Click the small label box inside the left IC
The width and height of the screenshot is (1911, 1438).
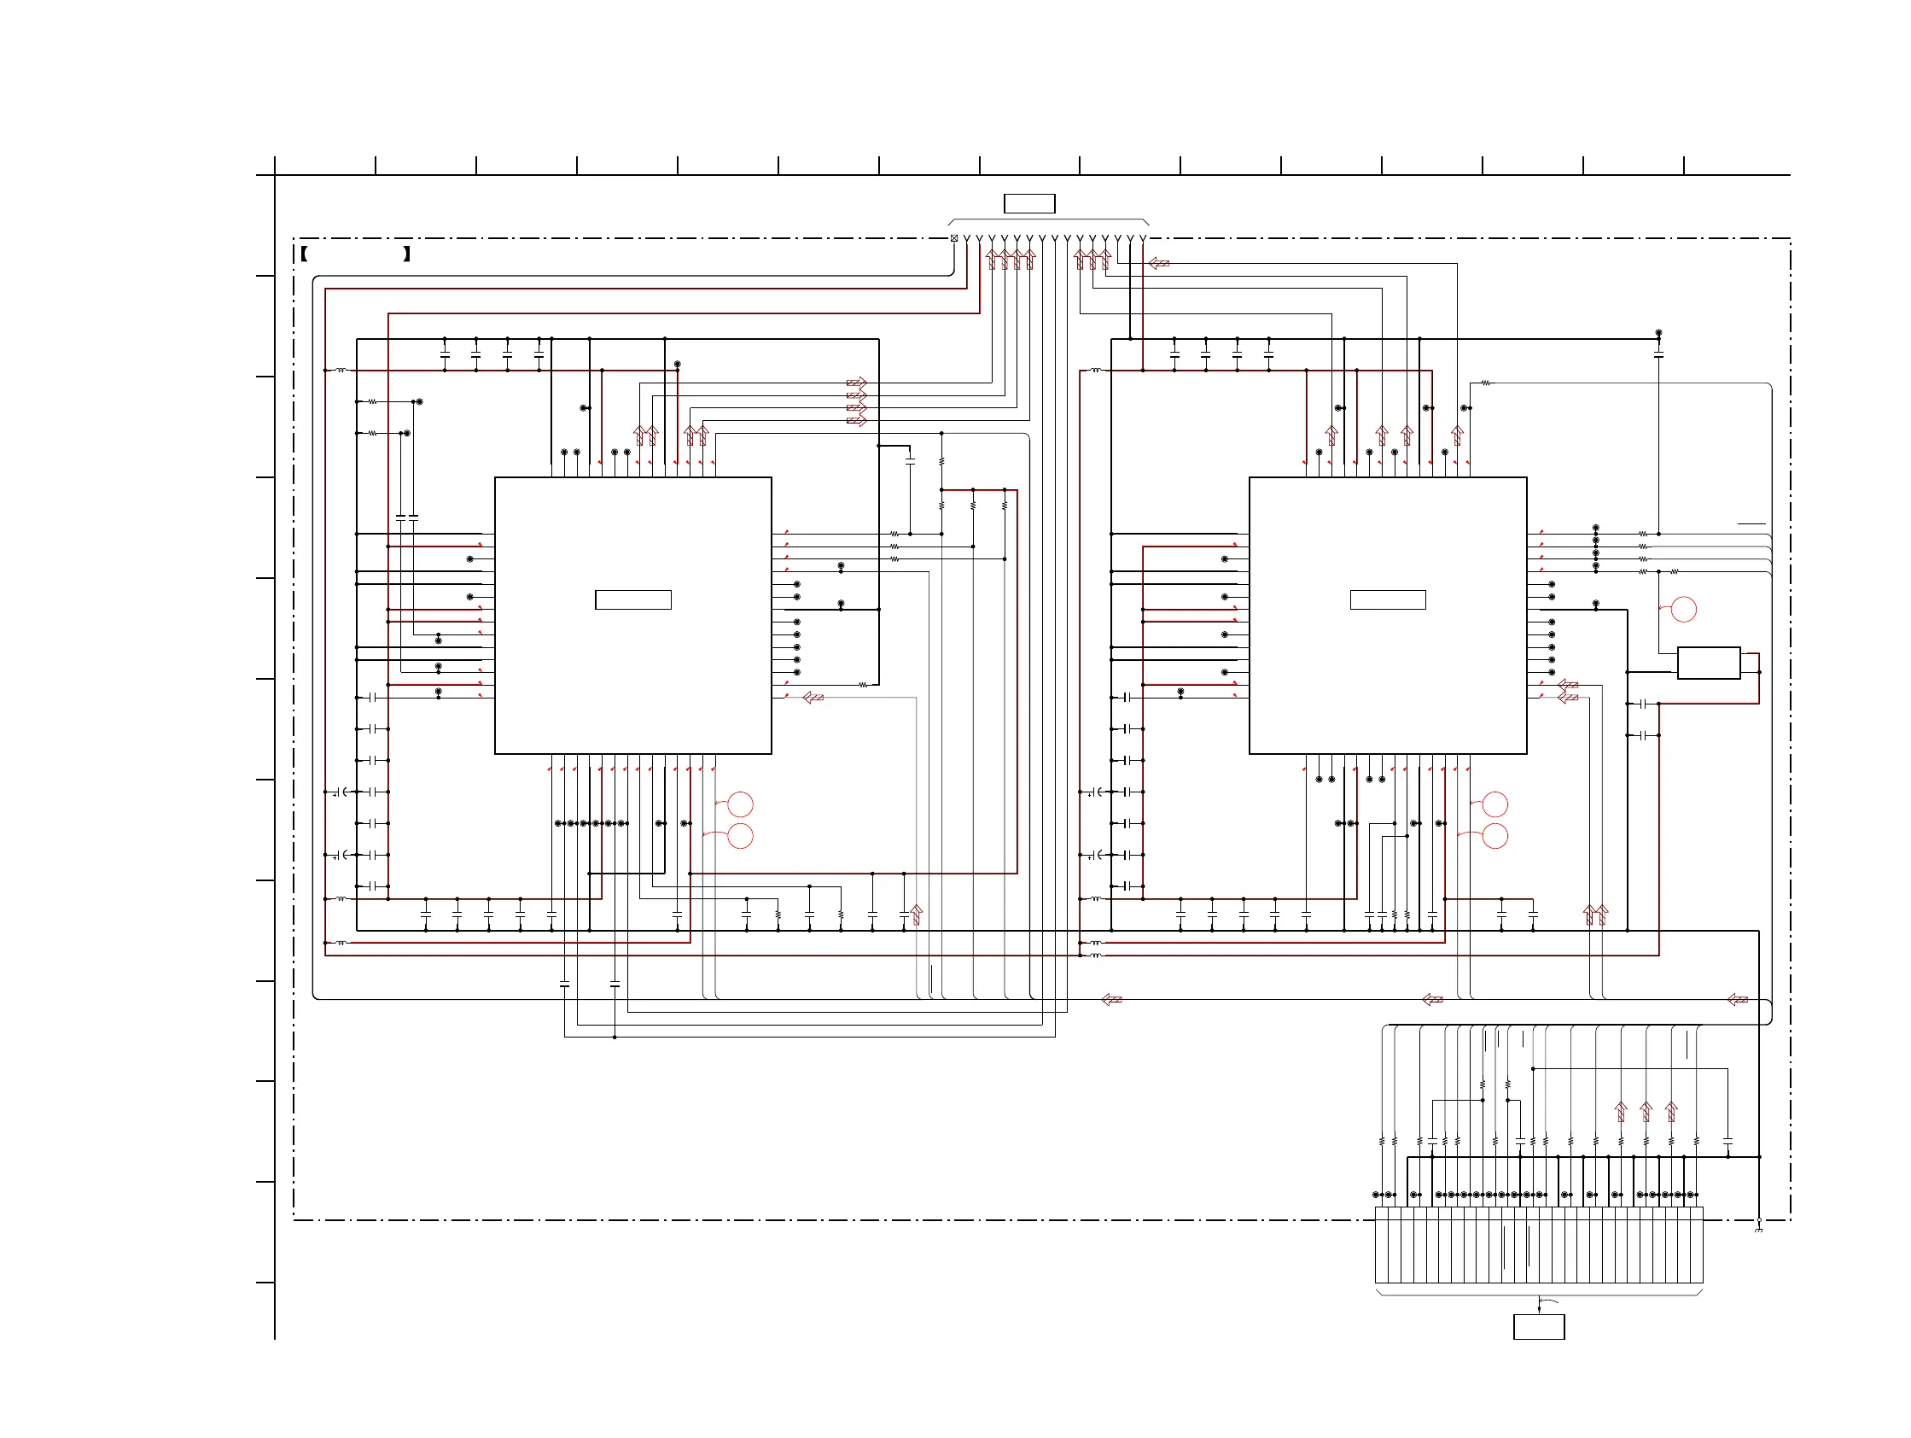coord(632,599)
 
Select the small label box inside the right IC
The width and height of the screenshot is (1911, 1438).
coord(1388,599)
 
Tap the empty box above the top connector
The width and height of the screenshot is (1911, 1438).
coord(1029,204)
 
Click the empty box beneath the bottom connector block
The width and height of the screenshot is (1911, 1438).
coord(1539,1326)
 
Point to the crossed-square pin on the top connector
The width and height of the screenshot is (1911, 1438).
coord(953,238)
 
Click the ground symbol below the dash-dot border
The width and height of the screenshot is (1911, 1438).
coord(1758,1228)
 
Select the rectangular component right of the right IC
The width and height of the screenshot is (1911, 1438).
coord(1708,663)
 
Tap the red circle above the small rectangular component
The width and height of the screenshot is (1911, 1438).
coord(1684,609)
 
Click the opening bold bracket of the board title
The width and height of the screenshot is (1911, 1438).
coord(304,254)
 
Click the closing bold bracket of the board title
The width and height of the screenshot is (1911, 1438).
coord(406,254)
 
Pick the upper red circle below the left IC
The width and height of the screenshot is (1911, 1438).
coord(740,804)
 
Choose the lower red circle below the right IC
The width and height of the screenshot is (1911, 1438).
coord(1495,836)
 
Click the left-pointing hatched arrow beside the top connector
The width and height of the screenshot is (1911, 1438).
coord(1159,263)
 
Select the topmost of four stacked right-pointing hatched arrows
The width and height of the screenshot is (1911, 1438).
coord(856,383)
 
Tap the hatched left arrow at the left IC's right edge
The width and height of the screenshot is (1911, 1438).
coord(813,698)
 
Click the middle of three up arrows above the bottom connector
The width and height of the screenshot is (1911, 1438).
coord(1646,1111)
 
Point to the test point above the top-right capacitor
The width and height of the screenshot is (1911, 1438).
coord(1658,333)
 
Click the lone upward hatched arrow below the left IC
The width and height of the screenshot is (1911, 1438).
coord(917,915)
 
